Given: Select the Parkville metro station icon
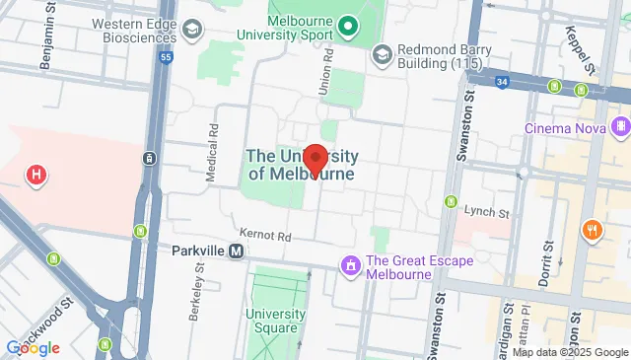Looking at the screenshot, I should tap(237, 252).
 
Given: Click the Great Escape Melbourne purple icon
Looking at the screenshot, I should tap(350, 265).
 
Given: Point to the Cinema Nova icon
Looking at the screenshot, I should tap(620, 127).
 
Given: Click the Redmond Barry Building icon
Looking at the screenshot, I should tap(381, 54).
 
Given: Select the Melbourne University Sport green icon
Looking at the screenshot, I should tap(347, 26).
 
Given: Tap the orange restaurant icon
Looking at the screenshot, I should tap(593, 230).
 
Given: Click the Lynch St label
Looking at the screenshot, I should tap(487, 213).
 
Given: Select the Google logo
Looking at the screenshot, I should tap(33, 347).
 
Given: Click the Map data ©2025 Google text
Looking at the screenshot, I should tap(569, 352).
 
